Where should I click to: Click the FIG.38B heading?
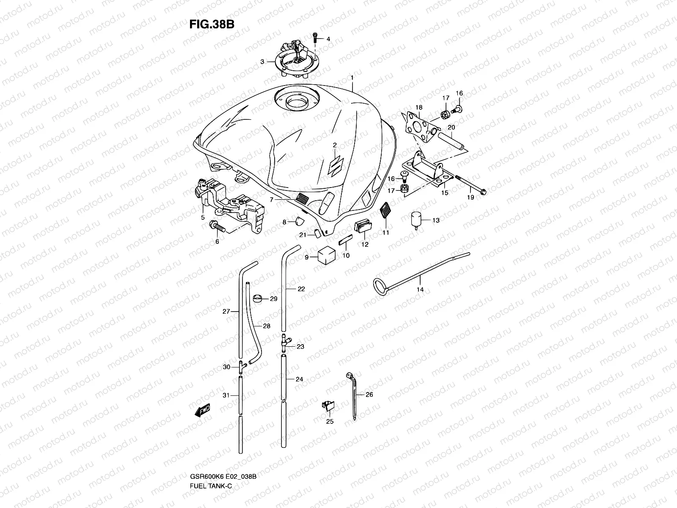212,23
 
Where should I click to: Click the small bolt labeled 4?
315,38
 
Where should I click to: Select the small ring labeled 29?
257,298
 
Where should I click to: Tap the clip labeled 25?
328,406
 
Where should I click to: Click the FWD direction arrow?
203,410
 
